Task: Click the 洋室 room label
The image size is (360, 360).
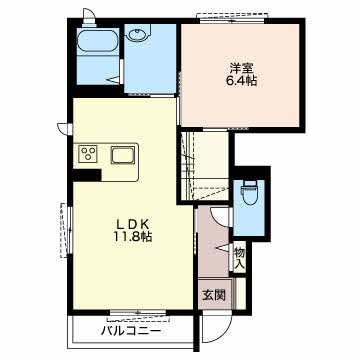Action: tap(239, 68)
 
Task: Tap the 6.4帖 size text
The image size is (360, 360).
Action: tap(239, 83)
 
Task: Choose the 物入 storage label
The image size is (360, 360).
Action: tap(240, 258)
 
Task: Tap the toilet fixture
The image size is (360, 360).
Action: tap(249, 192)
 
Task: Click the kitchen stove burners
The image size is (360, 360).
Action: tap(88, 154)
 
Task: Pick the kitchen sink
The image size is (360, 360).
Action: tap(124, 154)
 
